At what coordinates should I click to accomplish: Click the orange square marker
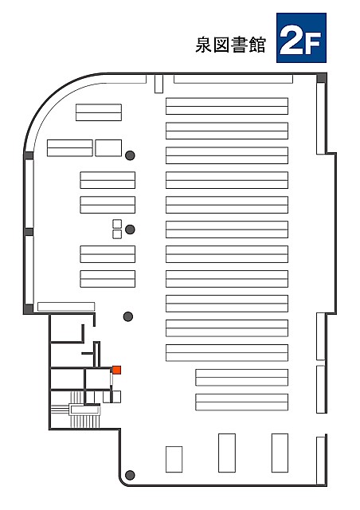point(117,370)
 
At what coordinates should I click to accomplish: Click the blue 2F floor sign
point(301,37)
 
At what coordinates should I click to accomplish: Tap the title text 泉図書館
point(230,45)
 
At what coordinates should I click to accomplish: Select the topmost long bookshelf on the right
point(227,106)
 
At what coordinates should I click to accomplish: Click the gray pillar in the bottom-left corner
point(130,475)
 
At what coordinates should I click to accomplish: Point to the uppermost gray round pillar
point(130,155)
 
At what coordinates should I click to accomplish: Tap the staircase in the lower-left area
point(84,410)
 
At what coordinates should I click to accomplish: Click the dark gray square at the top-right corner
point(322,78)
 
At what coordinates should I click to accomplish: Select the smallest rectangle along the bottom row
point(174,459)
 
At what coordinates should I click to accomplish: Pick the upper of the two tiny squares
point(117,224)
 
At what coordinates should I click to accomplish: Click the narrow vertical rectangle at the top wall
point(158,84)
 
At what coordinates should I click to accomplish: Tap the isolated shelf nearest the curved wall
point(99,112)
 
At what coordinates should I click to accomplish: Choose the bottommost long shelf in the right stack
point(241,402)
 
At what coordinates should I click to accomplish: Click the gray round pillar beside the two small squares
point(130,229)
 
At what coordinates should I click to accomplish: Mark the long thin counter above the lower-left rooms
point(66,307)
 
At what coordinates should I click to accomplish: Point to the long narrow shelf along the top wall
point(233,79)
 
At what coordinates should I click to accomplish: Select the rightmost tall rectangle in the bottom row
point(280,453)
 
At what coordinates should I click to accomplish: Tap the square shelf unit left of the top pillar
point(108,148)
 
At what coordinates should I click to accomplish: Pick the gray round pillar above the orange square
point(128,316)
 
